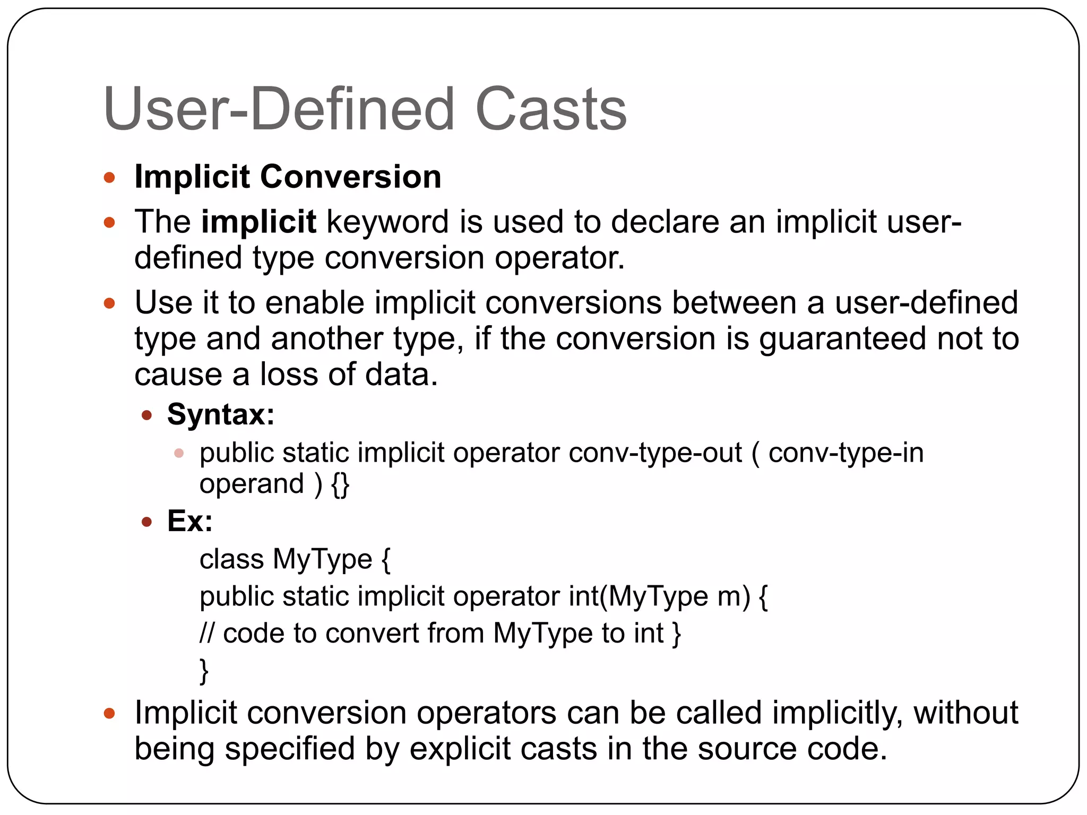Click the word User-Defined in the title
point(279,109)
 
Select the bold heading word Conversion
point(350,177)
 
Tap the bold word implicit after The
point(258,221)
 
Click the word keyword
point(387,221)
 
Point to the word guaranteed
point(842,340)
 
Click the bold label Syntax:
point(221,414)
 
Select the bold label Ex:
point(189,521)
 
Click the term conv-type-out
point(655,453)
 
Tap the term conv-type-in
point(846,453)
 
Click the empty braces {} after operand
point(340,484)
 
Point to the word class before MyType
point(231,559)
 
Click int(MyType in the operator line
point(638,596)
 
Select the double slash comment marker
point(206,633)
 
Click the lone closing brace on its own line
point(204,671)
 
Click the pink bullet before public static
point(179,453)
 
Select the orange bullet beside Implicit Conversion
point(109,177)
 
